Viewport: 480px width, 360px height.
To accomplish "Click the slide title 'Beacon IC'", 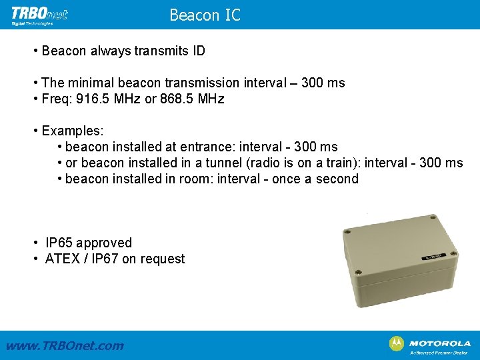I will click(x=205, y=15).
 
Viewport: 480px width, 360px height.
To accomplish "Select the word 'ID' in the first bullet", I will click(x=198, y=51).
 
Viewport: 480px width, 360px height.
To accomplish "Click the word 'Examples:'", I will click(x=72, y=131).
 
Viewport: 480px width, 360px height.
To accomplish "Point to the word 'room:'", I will click(x=189, y=179).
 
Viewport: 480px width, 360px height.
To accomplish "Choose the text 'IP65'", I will click(x=59, y=243).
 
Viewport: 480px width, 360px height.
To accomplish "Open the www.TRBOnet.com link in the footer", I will click(x=64, y=345).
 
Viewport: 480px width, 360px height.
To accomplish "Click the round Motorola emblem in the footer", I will click(x=396, y=343).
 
